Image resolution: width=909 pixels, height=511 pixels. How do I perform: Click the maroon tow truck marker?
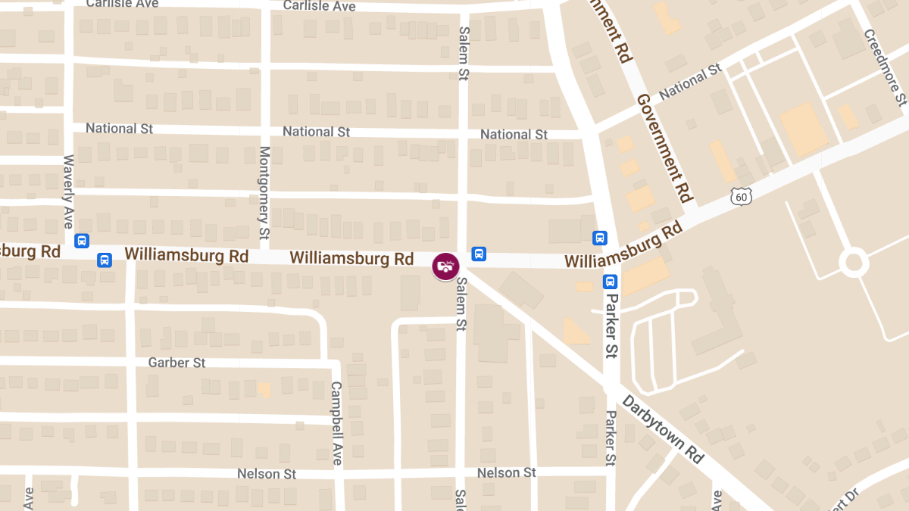pyautogui.click(x=445, y=266)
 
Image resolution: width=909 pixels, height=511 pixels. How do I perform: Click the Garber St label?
pyautogui.click(x=176, y=363)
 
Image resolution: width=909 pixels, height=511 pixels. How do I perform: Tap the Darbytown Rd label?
pyautogui.click(x=663, y=428)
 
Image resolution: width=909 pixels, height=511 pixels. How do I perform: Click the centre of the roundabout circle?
pyautogui.click(x=853, y=263)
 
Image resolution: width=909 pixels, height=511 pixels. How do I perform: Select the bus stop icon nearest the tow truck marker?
pyautogui.click(x=479, y=254)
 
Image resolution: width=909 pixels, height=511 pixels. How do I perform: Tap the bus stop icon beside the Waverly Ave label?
pyautogui.click(x=82, y=241)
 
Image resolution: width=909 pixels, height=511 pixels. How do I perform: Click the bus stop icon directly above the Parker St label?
pyautogui.click(x=610, y=282)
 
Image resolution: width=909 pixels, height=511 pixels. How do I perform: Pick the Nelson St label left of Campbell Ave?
pyautogui.click(x=267, y=474)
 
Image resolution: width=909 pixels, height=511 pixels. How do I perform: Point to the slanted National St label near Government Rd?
pyautogui.click(x=690, y=83)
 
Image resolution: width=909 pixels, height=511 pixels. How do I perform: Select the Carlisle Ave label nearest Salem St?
pyautogui.click(x=319, y=6)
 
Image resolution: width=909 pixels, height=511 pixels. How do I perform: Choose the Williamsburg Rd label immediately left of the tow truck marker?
pyautogui.click(x=351, y=258)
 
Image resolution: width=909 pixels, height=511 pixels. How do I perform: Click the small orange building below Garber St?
pyautogui.click(x=264, y=389)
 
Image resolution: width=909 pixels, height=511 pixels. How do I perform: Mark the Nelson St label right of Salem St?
pyautogui.click(x=506, y=472)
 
